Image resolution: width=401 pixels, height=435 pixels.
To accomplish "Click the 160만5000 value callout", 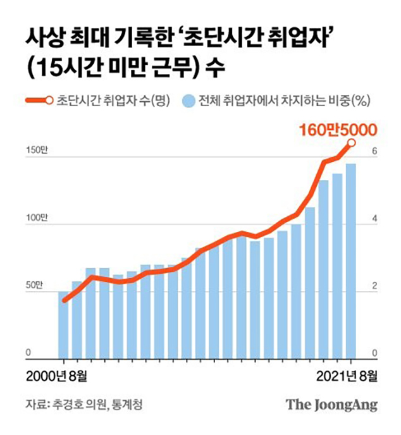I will pos(338,131).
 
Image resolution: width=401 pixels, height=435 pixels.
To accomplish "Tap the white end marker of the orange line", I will pos(352,143).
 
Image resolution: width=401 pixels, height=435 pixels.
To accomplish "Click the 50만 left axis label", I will pos(37,286).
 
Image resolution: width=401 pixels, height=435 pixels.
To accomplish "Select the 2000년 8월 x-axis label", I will pos(57,377).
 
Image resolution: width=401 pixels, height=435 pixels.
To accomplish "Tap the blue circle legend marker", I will pos(187,100).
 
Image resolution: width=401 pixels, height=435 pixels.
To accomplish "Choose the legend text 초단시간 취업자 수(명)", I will pos(112,100).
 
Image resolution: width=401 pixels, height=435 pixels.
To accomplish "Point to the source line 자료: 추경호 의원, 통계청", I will pos(83,404).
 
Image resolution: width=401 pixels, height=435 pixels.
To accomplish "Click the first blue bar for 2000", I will pos(63,324).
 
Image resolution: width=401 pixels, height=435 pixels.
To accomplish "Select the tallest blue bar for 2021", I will pos(350,260).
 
